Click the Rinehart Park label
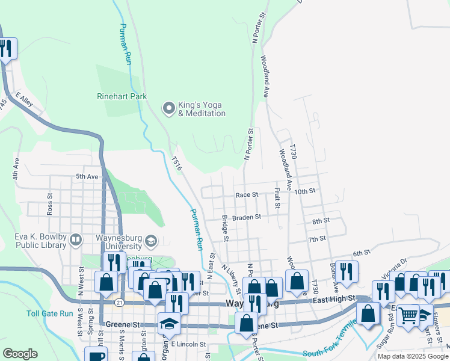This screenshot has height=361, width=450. pos(122,96)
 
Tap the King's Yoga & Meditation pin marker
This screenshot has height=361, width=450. pos(169,108)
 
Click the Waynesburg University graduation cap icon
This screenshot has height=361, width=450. pos(150,241)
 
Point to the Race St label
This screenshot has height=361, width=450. pos(247,195)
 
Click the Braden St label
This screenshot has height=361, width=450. pos(247,217)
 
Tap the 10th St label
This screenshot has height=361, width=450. pos(306,191)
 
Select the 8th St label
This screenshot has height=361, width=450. pos(320,221)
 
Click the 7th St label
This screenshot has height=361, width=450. pos(316,239)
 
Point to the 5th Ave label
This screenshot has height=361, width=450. pos(87,176)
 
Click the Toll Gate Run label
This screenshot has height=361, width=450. pos(50,313)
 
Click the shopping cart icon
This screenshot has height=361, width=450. pos(408,314)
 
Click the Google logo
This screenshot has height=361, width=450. pos(20,354)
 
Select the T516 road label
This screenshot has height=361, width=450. pos(176,164)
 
